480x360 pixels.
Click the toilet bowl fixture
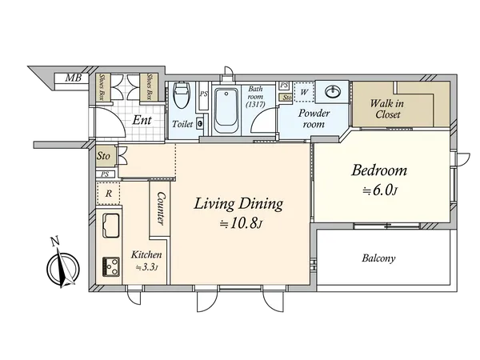(182, 94)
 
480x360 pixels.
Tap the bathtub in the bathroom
(226, 110)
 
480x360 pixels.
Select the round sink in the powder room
(333, 91)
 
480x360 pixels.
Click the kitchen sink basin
(111, 226)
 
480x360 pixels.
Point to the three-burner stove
(111, 266)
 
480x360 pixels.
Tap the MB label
(74, 78)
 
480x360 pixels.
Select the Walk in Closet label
(387, 109)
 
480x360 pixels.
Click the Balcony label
(378, 258)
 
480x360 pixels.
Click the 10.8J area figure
(242, 224)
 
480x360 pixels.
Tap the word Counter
(161, 209)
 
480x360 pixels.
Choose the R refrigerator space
(108, 194)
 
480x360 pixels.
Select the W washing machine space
(304, 92)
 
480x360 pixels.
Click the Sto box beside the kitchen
(103, 156)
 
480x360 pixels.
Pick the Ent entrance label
(142, 120)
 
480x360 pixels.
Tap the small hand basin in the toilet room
(200, 123)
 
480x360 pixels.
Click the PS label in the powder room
(284, 85)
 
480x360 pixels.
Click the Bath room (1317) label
(255, 97)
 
